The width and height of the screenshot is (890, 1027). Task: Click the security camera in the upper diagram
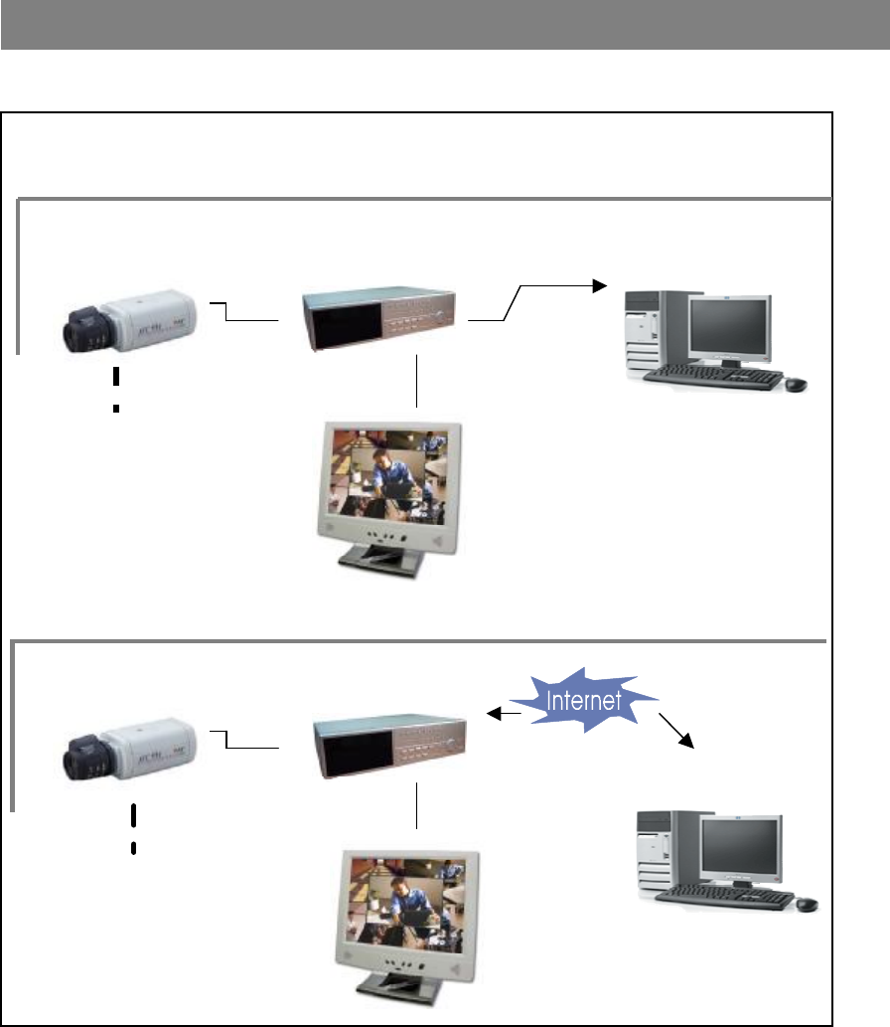pyautogui.click(x=129, y=320)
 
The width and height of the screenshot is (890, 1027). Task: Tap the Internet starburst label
pyautogui.click(x=590, y=700)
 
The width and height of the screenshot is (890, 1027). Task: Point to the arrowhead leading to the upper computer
pyautogui.click(x=598, y=285)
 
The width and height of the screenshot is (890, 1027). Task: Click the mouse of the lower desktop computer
pyautogui.click(x=806, y=904)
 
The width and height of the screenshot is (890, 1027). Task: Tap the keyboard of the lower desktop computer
pyautogui.click(x=725, y=896)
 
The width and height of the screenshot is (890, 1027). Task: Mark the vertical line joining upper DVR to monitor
pyautogui.click(x=417, y=381)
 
